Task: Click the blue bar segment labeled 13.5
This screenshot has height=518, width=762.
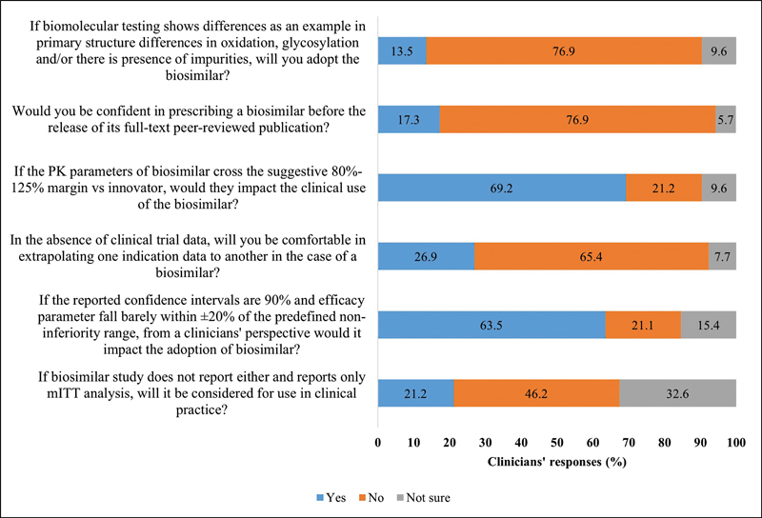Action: pos(402,51)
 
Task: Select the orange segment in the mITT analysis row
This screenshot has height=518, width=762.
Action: pos(536,393)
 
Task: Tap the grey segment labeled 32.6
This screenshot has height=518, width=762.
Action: pos(677,393)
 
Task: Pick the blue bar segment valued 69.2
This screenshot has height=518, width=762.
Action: pos(502,189)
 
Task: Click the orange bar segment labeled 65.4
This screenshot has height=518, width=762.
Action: pos(592,257)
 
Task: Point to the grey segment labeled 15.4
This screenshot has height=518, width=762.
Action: pos(709,325)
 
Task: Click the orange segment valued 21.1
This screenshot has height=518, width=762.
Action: pos(643,325)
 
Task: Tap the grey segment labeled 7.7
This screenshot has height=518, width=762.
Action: pos(722,257)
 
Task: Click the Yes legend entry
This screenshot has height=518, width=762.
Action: pos(327,497)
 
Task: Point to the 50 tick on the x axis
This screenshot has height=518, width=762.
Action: pos(557,443)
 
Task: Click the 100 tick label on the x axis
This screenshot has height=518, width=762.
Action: pos(736,443)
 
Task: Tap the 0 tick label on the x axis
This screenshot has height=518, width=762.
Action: pos(378,443)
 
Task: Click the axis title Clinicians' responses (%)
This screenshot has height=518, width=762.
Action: pos(557,462)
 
